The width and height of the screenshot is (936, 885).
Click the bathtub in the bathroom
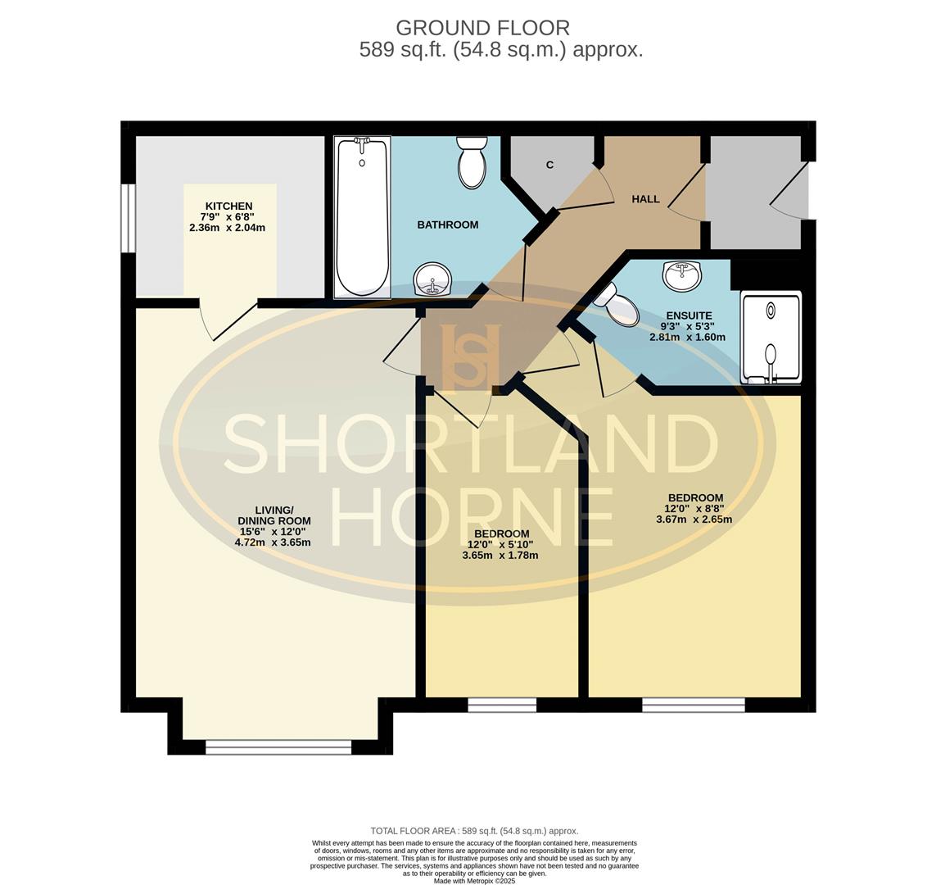pyautogui.click(x=362, y=217)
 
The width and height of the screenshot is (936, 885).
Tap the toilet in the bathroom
pyautogui.click(x=472, y=162)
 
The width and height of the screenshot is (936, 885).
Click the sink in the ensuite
pyautogui.click(x=681, y=276)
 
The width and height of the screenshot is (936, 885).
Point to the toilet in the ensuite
pyautogui.click(x=618, y=306)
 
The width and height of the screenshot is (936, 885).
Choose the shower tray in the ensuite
pyautogui.click(x=771, y=337)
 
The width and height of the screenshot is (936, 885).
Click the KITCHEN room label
pyautogui.click(x=228, y=206)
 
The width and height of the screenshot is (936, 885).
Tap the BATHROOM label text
pyautogui.click(x=447, y=225)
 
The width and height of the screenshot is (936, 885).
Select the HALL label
pyautogui.click(x=645, y=199)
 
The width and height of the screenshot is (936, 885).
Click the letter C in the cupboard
pyautogui.click(x=549, y=165)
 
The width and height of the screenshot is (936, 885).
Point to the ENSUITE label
pyautogui.click(x=689, y=315)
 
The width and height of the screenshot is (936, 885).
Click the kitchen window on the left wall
pyautogui.click(x=128, y=218)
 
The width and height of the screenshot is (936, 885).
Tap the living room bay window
pyautogui.click(x=278, y=747)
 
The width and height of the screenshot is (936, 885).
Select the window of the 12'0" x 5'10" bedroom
pyautogui.click(x=502, y=705)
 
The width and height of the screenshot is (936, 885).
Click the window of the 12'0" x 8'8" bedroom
pyautogui.click(x=693, y=705)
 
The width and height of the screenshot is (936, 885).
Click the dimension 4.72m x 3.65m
pyautogui.click(x=273, y=542)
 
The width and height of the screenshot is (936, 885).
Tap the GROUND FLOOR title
pyautogui.click(x=482, y=28)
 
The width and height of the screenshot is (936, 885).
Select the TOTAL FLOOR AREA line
pyautogui.click(x=474, y=831)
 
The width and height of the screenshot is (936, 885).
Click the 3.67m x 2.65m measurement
pyautogui.click(x=694, y=519)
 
